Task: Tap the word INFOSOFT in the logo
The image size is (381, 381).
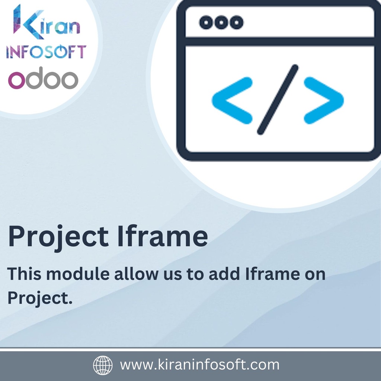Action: click(46, 52)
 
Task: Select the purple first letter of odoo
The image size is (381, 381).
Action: click(16, 80)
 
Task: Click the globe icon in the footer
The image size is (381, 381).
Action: click(103, 365)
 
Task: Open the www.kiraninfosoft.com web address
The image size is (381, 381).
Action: click(199, 365)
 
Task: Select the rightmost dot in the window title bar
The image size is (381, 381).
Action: click(236, 22)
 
